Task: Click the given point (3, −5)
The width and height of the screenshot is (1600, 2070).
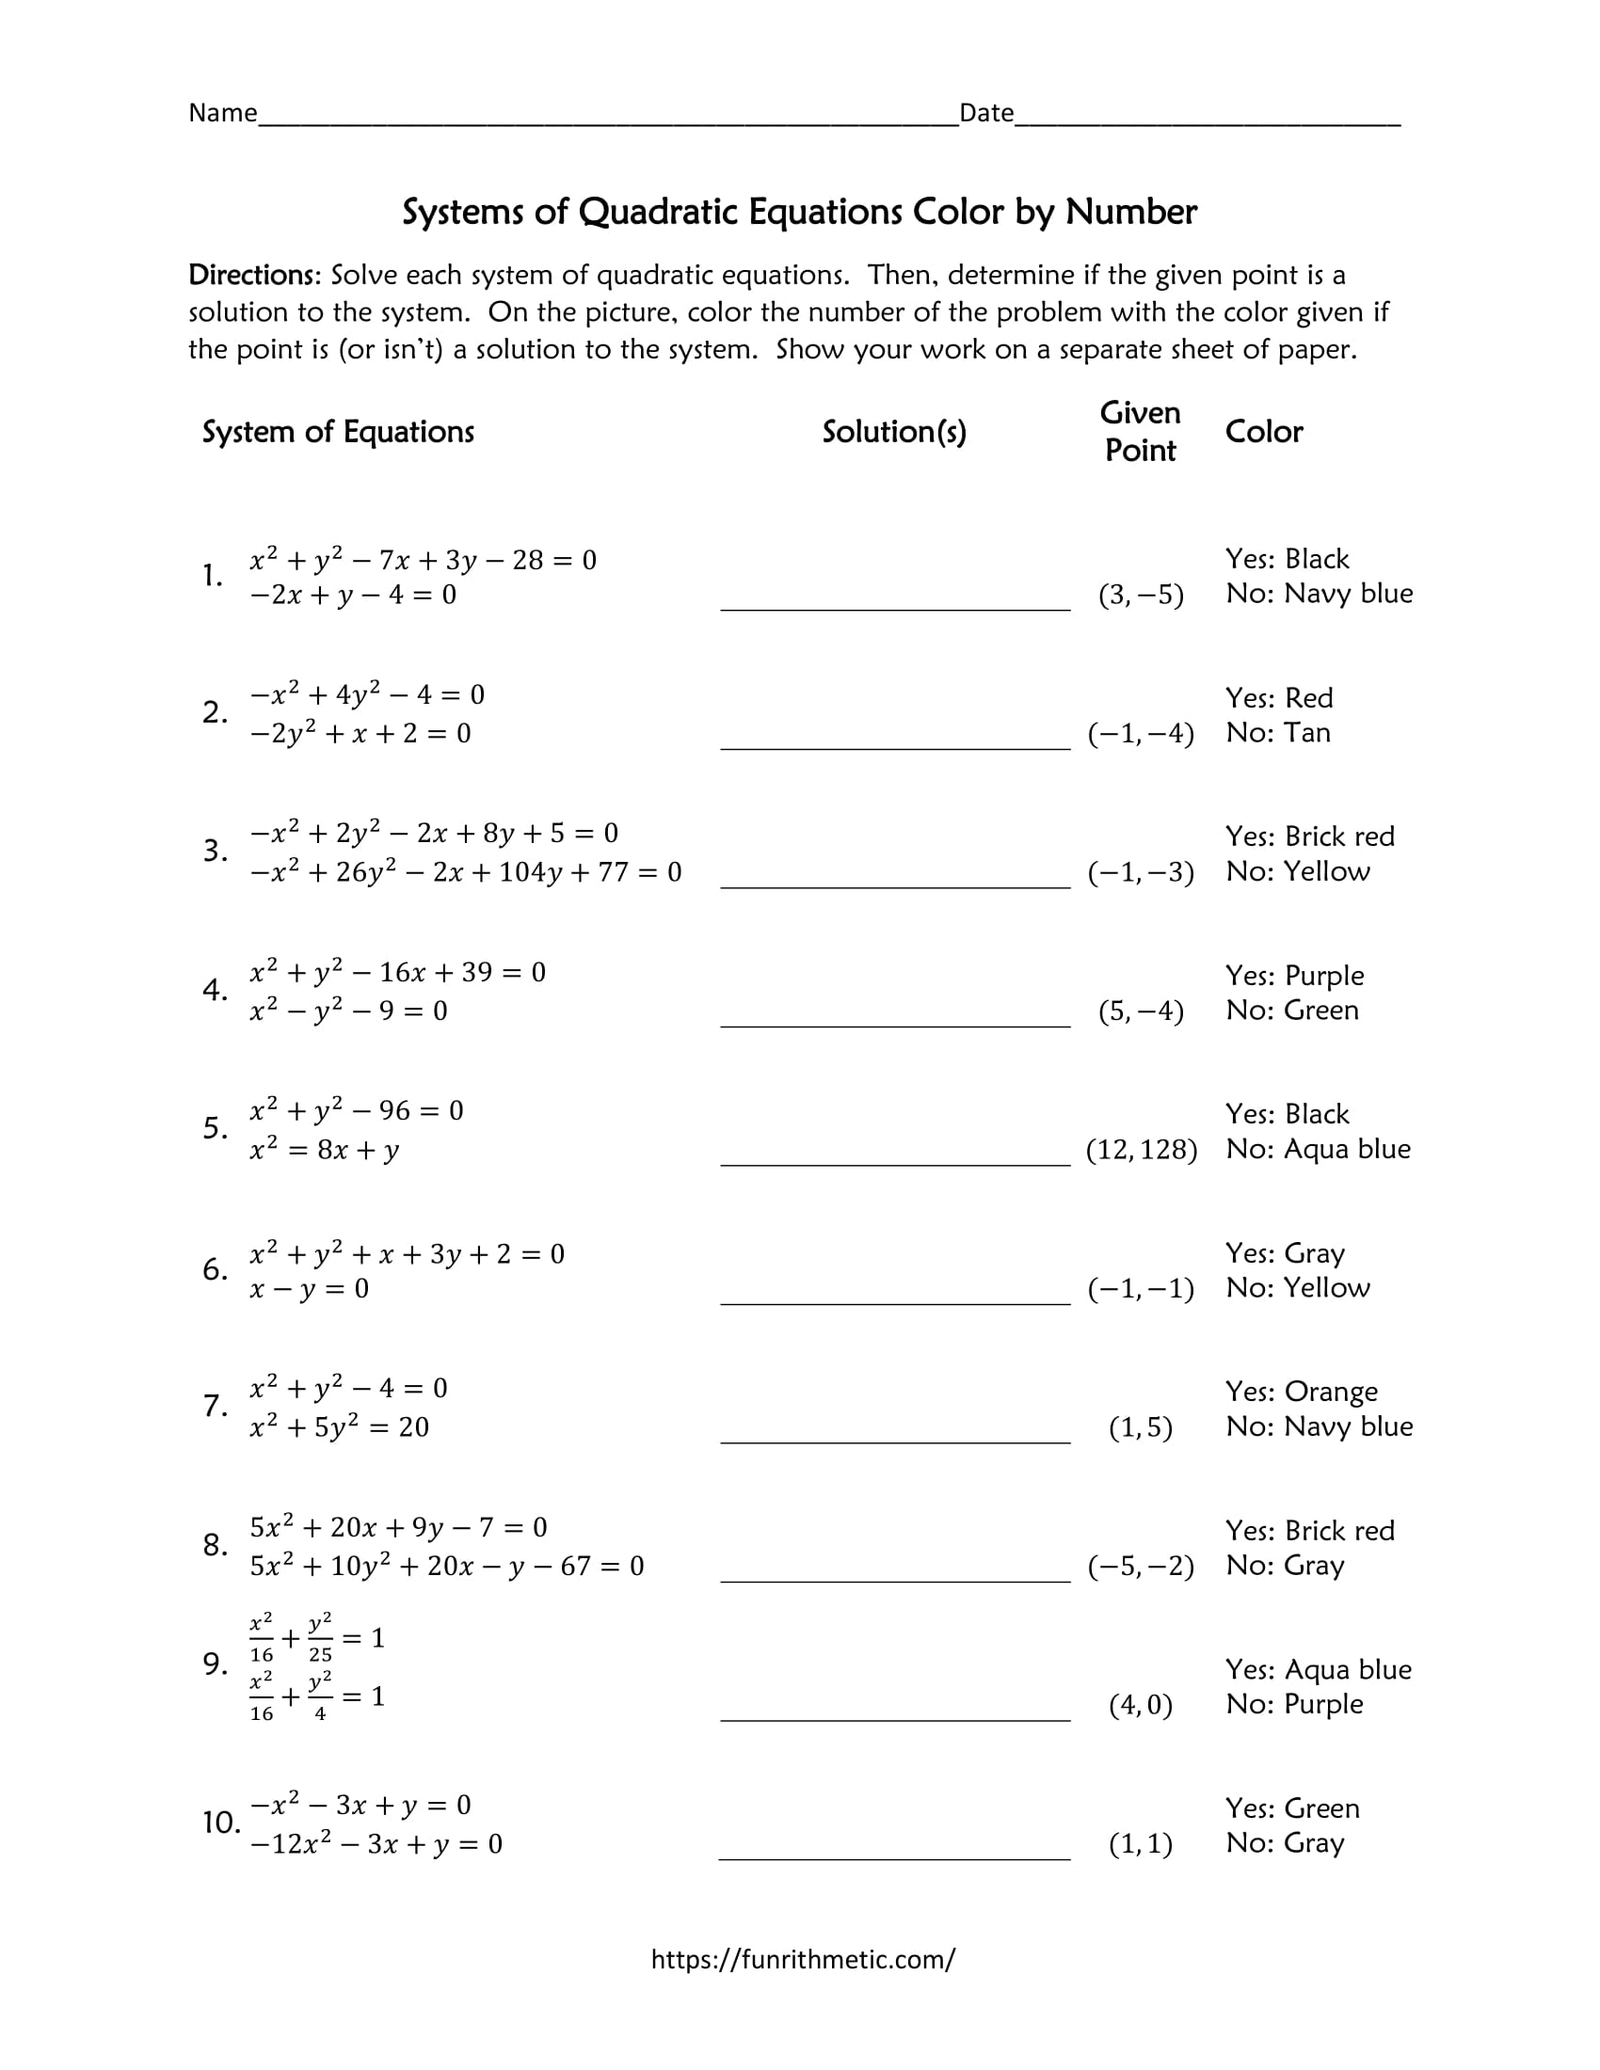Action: (1141, 595)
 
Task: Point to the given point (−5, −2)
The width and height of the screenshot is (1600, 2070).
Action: (1141, 1565)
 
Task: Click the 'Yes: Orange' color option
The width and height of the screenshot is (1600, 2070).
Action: (1301, 1392)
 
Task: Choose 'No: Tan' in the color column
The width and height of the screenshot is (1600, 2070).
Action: (1277, 733)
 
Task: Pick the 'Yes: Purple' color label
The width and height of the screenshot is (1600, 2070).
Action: (1294, 976)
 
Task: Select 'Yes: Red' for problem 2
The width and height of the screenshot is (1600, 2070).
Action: (1278, 697)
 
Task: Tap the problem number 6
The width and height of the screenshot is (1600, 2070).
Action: (215, 1269)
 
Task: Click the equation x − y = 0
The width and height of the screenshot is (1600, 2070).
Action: (309, 1289)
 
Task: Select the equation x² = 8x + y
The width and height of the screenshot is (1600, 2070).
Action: (324, 1150)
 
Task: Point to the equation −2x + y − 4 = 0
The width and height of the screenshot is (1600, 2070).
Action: (353, 596)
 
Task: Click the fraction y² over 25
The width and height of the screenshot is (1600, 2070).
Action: (320, 1638)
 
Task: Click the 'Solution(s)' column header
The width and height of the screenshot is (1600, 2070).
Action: (894, 432)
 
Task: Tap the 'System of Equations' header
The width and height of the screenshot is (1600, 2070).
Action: (338, 432)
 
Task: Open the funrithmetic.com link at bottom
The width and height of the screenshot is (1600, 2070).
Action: (802, 1959)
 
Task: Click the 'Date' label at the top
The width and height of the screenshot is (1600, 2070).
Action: (985, 113)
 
